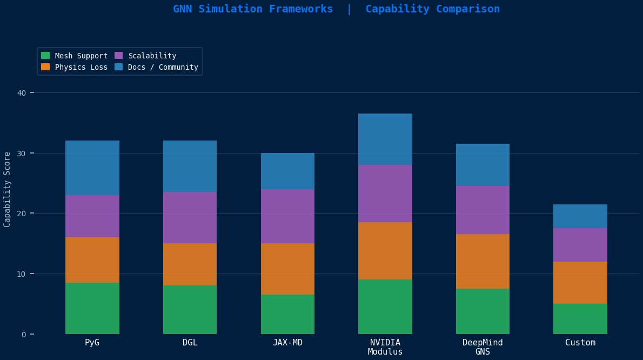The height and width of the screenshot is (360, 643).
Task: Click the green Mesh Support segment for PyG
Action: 92,308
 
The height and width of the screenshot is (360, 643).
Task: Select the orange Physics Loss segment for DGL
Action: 190,264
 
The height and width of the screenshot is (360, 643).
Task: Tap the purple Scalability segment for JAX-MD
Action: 287,216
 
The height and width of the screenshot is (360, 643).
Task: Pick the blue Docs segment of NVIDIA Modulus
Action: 385,139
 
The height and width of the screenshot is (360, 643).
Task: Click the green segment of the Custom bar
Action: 580,319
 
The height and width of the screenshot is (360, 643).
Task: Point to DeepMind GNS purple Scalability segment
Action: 483,210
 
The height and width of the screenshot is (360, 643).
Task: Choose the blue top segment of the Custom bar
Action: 580,216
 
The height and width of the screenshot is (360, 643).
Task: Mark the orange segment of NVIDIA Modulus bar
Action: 385,251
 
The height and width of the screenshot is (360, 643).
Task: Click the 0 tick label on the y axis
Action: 24,334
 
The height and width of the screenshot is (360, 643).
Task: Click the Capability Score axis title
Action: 7,189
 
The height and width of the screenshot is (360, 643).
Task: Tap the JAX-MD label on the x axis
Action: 287,343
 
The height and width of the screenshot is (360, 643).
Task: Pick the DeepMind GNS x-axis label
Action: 483,347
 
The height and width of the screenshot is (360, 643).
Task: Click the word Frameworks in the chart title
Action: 304,9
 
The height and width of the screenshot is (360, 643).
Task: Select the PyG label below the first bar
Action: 92,343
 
